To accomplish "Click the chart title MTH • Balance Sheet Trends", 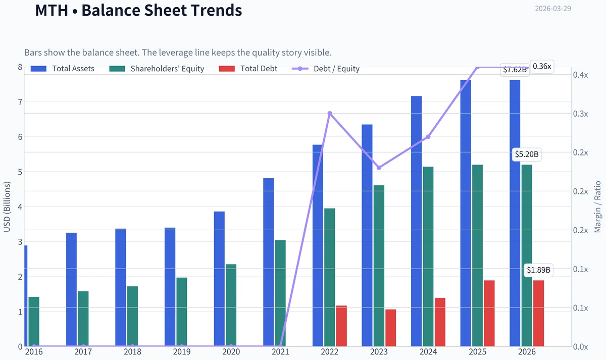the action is (138, 10).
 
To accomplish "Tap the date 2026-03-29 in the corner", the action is (552, 9).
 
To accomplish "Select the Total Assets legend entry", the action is (63, 69).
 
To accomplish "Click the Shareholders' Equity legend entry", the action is (157, 69).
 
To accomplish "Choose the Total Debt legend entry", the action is (248, 69).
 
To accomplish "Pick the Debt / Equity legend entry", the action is (326, 69).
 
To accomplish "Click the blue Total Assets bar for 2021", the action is (268, 262).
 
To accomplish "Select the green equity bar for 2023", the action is (379, 266).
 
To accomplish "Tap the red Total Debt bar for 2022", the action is (341, 326).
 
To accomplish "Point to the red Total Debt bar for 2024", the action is (440, 322).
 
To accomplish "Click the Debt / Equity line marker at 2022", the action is (329, 113).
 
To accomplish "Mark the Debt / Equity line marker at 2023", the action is (379, 168).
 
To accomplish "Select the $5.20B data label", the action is (526, 155).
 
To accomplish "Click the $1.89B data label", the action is (538, 270).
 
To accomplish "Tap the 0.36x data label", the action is (541, 67).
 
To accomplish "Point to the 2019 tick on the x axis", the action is (182, 352).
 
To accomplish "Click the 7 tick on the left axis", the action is (20, 102).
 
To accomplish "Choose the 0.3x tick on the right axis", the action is (581, 114).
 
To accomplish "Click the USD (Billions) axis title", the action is (7, 207).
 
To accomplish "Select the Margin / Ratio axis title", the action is (597, 207).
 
